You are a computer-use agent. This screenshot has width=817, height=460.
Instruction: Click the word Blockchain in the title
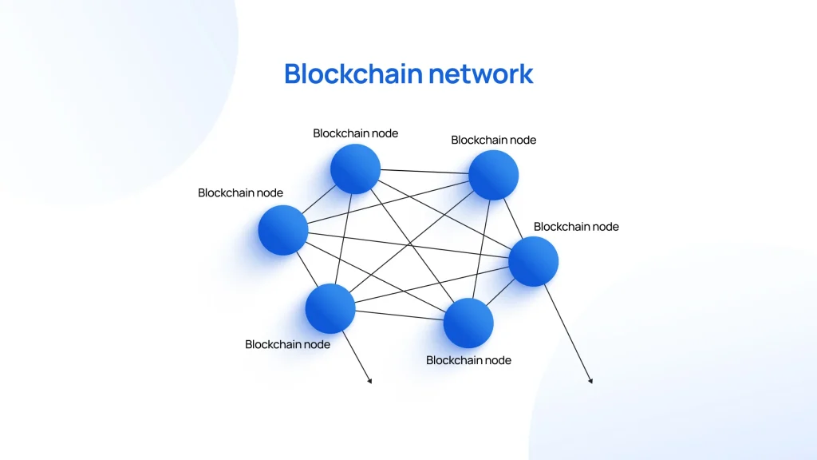point(353,73)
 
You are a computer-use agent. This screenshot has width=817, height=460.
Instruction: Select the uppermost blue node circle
point(355,169)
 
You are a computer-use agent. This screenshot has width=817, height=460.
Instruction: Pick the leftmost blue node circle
point(282,230)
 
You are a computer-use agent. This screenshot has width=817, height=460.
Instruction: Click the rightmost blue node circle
point(533,261)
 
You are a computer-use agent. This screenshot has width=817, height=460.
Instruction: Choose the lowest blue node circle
point(468,323)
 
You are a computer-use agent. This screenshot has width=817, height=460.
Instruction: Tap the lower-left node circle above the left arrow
point(330,308)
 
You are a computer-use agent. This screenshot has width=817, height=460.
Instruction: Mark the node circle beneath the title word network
point(493,175)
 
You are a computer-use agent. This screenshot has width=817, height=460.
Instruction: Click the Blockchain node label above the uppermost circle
point(355,133)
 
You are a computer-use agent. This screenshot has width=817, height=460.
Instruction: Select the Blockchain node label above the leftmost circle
point(240,192)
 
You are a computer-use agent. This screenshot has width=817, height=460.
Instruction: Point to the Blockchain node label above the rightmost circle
point(576,226)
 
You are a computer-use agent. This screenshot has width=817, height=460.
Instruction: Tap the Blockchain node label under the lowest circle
point(468,360)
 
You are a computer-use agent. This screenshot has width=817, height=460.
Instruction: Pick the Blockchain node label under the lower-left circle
point(287,344)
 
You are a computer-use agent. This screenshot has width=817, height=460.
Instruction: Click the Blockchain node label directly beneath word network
point(493,140)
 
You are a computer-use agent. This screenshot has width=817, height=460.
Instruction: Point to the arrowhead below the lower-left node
point(369,381)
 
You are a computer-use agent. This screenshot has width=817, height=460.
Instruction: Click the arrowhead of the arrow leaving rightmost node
point(590,381)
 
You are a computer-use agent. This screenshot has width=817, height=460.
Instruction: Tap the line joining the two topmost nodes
point(424,172)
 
